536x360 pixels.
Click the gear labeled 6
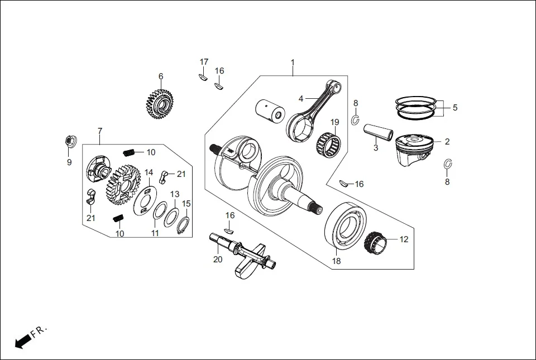point(160,103)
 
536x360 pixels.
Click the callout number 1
point(292,62)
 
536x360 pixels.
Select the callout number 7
point(100,131)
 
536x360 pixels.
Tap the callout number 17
point(204,61)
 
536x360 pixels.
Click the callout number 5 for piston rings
point(454,108)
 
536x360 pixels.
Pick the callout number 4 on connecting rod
point(301,98)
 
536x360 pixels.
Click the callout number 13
point(175,194)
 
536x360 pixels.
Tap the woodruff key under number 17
point(203,78)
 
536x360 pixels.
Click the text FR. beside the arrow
point(40,331)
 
